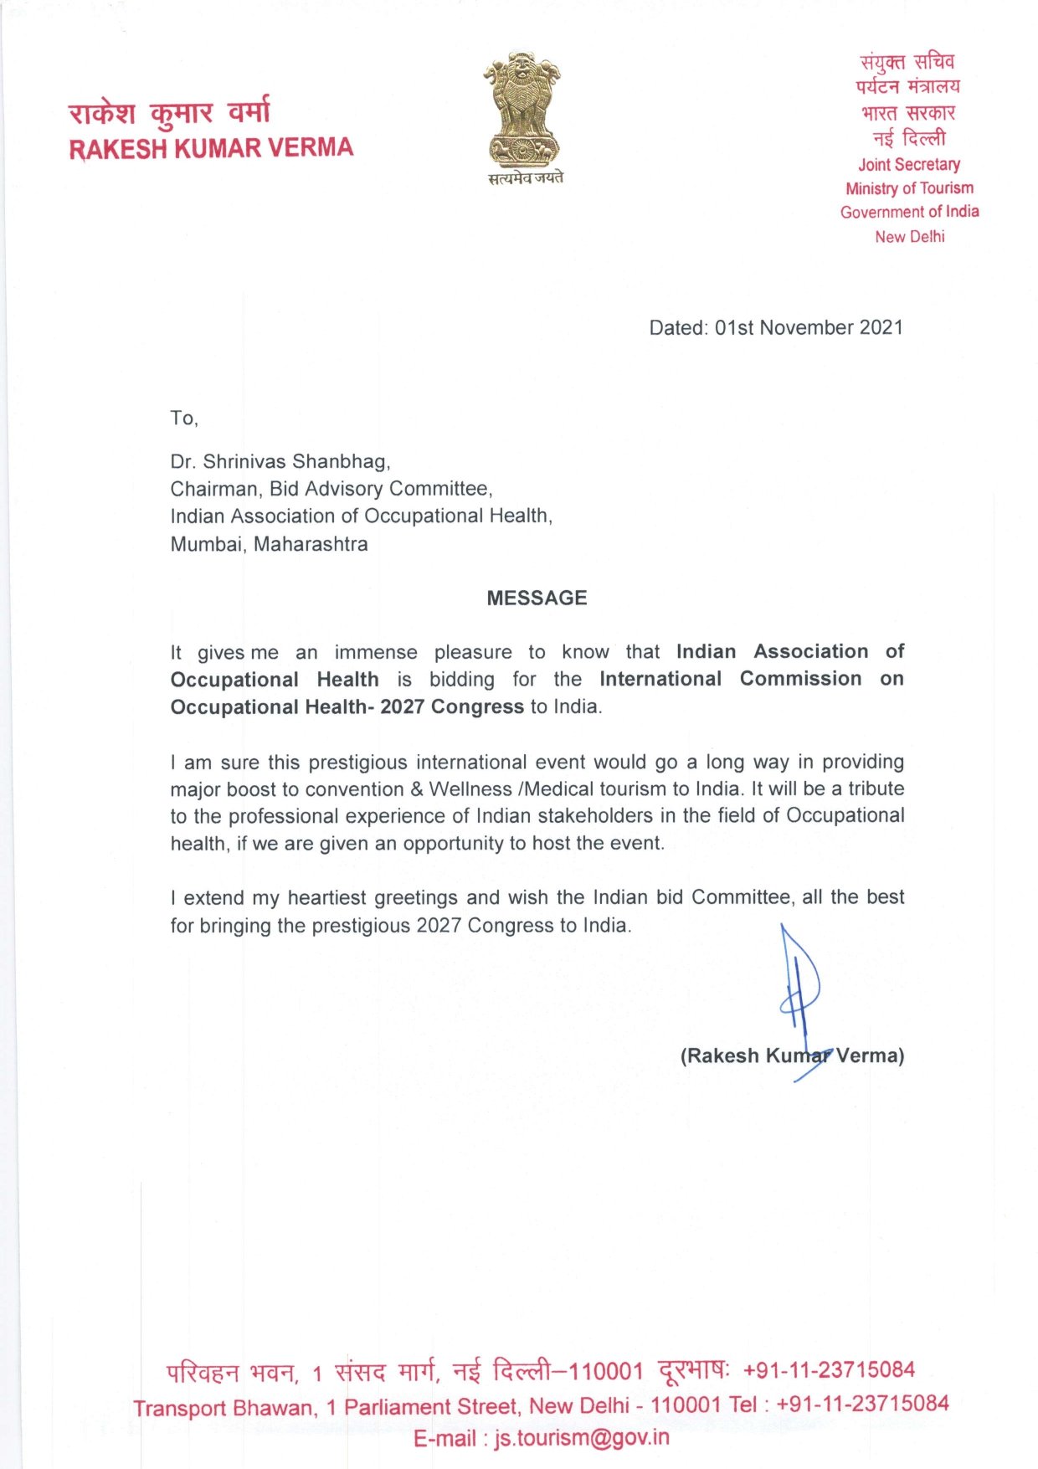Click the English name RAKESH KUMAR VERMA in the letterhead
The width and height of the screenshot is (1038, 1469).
pyautogui.click(x=211, y=148)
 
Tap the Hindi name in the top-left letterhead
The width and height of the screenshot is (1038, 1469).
pyautogui.click(x=169, y=112)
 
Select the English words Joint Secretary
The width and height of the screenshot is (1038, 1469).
pyautogui.click(x=908, y=164)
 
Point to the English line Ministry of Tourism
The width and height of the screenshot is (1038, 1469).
pyautogui.click(x=909, y=188)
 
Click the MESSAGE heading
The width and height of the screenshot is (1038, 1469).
pyautogui.click(x=537, y=598)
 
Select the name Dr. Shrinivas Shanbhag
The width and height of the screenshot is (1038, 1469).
pyautogui.click(x=280, y=461)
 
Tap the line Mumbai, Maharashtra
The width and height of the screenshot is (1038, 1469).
pyautogui.click(x=269, y=544)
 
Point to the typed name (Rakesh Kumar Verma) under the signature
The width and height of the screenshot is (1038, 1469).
pyautogui.click(x=792, y=1056)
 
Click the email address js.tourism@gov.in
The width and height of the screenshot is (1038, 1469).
pyautogui.click(x=582, y=1437)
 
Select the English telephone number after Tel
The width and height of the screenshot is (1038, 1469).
pyautogui.click(x=862, y=1403)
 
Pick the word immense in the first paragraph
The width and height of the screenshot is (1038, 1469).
pyautogui.click(x=376, y=652)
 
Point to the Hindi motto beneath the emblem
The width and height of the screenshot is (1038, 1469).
pyautogui.click(x=526, y=177)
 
